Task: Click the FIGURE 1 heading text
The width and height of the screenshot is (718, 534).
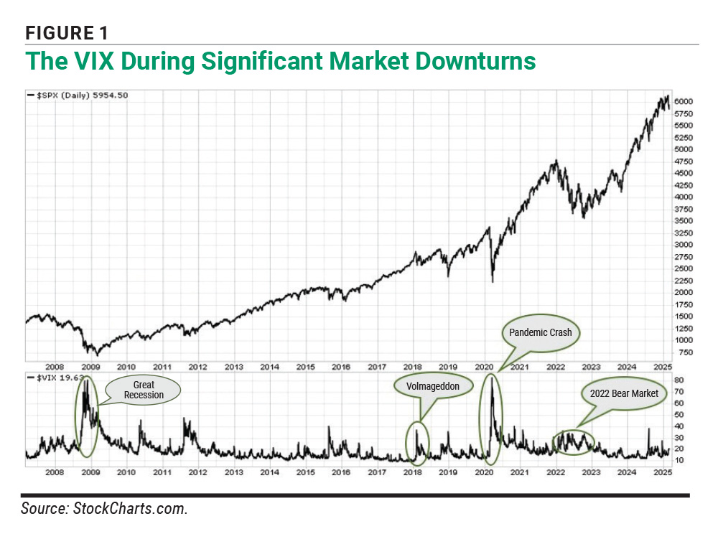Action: (66, 32)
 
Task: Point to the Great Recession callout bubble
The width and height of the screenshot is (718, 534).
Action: (144, 390)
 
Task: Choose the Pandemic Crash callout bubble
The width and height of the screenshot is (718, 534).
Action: (540, 332)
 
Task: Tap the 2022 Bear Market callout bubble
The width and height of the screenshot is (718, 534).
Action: (624, 393)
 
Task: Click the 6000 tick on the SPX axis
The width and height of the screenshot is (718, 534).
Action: (684, 101)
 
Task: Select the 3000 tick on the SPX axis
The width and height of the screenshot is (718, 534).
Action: (684, 245)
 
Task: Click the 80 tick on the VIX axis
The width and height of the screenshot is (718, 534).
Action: (679, 380)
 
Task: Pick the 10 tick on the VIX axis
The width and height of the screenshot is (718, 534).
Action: (679, 459)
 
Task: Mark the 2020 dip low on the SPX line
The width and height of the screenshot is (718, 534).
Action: (493, 281)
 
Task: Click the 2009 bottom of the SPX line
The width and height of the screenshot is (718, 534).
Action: (98, 355)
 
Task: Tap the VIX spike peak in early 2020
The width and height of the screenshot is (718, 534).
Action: (491, 376)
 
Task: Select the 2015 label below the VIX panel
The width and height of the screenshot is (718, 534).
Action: (305, 472)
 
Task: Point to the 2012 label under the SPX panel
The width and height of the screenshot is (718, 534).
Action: (197, 366)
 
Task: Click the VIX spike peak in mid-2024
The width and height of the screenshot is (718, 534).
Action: (648, 428)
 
